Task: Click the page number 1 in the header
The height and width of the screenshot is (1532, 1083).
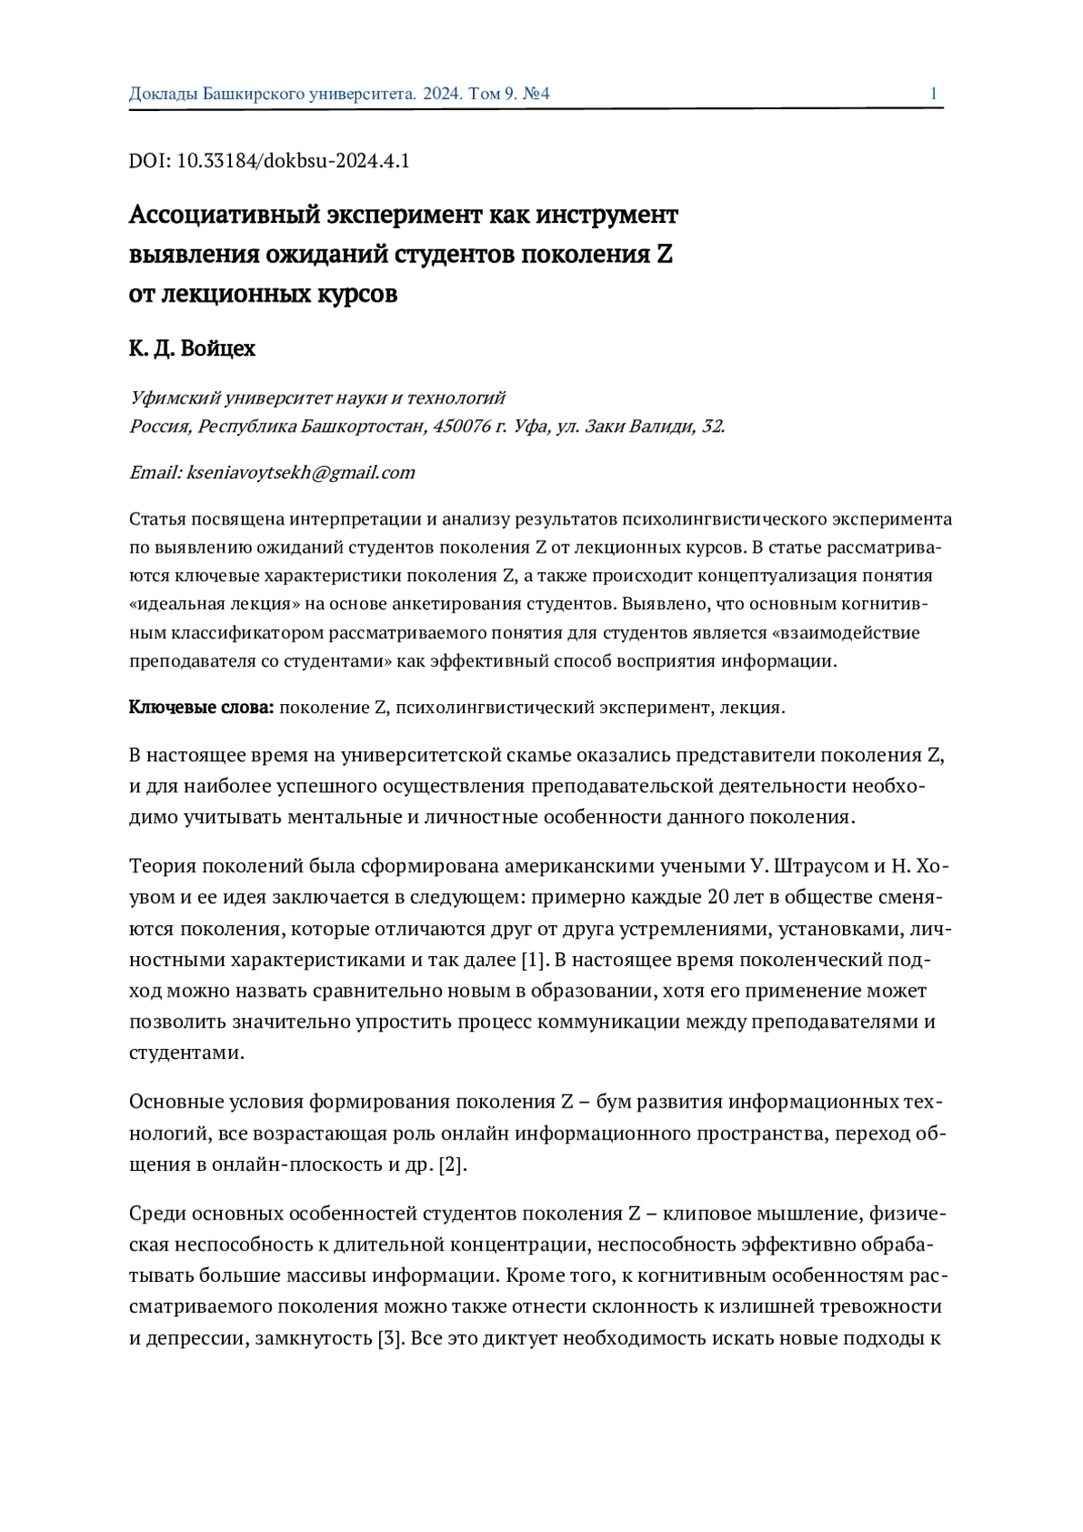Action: [x=933, y=94]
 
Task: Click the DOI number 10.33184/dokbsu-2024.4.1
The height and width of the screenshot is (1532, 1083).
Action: [x=293, y=162]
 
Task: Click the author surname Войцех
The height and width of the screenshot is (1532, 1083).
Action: [x=218, y=349]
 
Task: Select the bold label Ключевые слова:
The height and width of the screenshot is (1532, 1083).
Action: [x=201, y=708]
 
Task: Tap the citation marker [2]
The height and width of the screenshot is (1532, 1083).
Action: [x=452, y=1165]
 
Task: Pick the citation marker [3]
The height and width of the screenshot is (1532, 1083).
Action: [x=390, y=1338]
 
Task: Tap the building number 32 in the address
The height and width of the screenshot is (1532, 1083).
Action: [x=712, y=426]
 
